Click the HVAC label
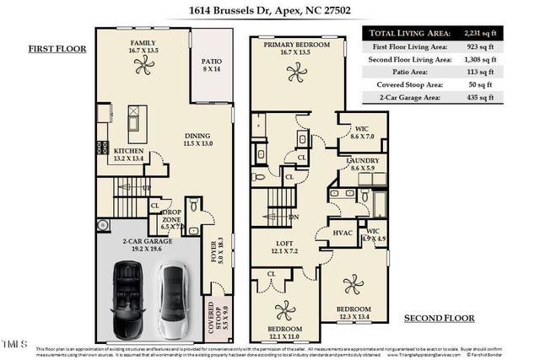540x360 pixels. click(343, 233)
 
